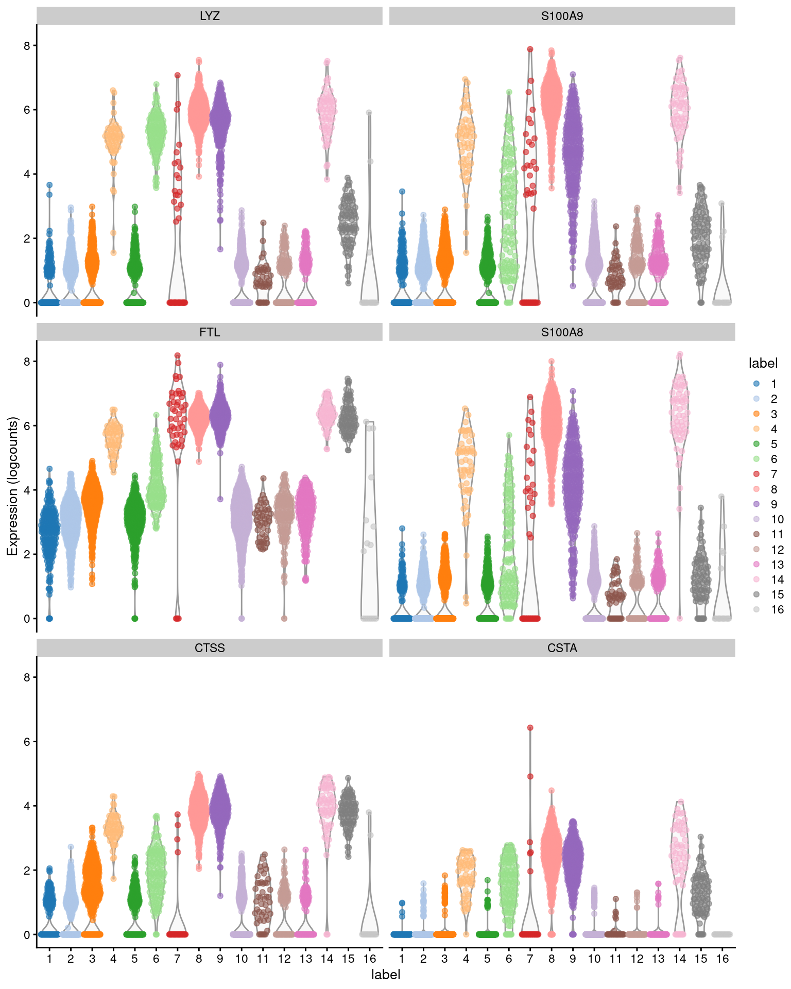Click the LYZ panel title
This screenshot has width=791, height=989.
[x=210, y=16]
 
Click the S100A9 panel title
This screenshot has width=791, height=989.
[x=562, y=16]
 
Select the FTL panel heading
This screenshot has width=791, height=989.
[x=210, y=332]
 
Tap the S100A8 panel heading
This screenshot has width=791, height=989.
[x=562, y=332]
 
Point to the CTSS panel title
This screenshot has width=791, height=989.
[x=210, y=648]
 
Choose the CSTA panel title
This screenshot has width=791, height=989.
[x=562, y=648]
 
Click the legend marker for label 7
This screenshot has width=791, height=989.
[x=756, y=474]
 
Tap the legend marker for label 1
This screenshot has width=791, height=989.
[x=756, y=383]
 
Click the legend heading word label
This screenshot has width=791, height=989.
[x=763, y=363]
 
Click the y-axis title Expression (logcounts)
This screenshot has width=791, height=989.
[x=12, y=486]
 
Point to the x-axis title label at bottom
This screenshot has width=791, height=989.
[x=386, y=975]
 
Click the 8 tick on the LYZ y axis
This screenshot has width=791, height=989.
[x=27, y=45]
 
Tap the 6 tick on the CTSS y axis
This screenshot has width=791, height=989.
[x=27, y=741]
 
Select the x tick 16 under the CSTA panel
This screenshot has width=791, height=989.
[x=722, y=959]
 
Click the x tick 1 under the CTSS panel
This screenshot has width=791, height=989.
[x=49, y=959]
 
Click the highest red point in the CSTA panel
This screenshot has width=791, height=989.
[x=530, y=728]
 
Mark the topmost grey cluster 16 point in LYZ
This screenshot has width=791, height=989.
[x=369, y=112]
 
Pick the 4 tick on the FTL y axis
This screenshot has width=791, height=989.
[x=27, y=490]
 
